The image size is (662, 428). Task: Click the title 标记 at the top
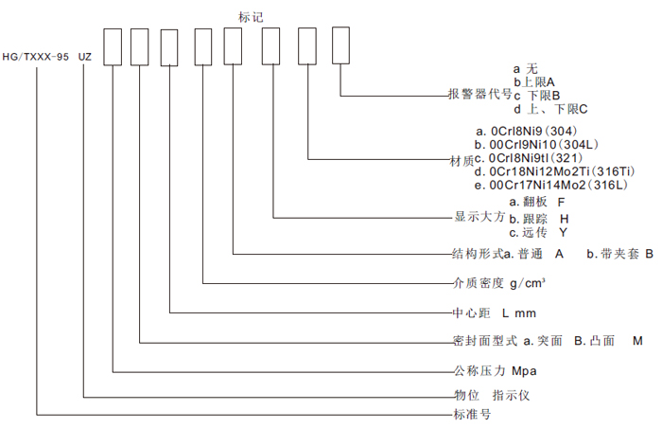point(251,17)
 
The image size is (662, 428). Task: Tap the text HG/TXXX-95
point(36,57)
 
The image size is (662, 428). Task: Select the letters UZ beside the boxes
point(85,57)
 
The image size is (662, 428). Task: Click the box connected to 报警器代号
point(340,45)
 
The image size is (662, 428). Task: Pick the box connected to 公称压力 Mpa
point(113,47)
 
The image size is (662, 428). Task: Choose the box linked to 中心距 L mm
point(169,47)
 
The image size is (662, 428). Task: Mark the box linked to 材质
point(307,46)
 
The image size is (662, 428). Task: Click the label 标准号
point(472,414)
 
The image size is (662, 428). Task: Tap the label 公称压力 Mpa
point(496,371)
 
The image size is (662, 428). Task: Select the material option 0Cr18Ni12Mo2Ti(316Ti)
point(555,171)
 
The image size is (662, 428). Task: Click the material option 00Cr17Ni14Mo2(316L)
point(551,185)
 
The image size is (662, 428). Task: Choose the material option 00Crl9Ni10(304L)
point(536,145)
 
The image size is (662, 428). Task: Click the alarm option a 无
point(526,68)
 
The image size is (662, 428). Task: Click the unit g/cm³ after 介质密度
point(528,283)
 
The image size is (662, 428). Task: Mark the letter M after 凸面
point(637,341)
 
